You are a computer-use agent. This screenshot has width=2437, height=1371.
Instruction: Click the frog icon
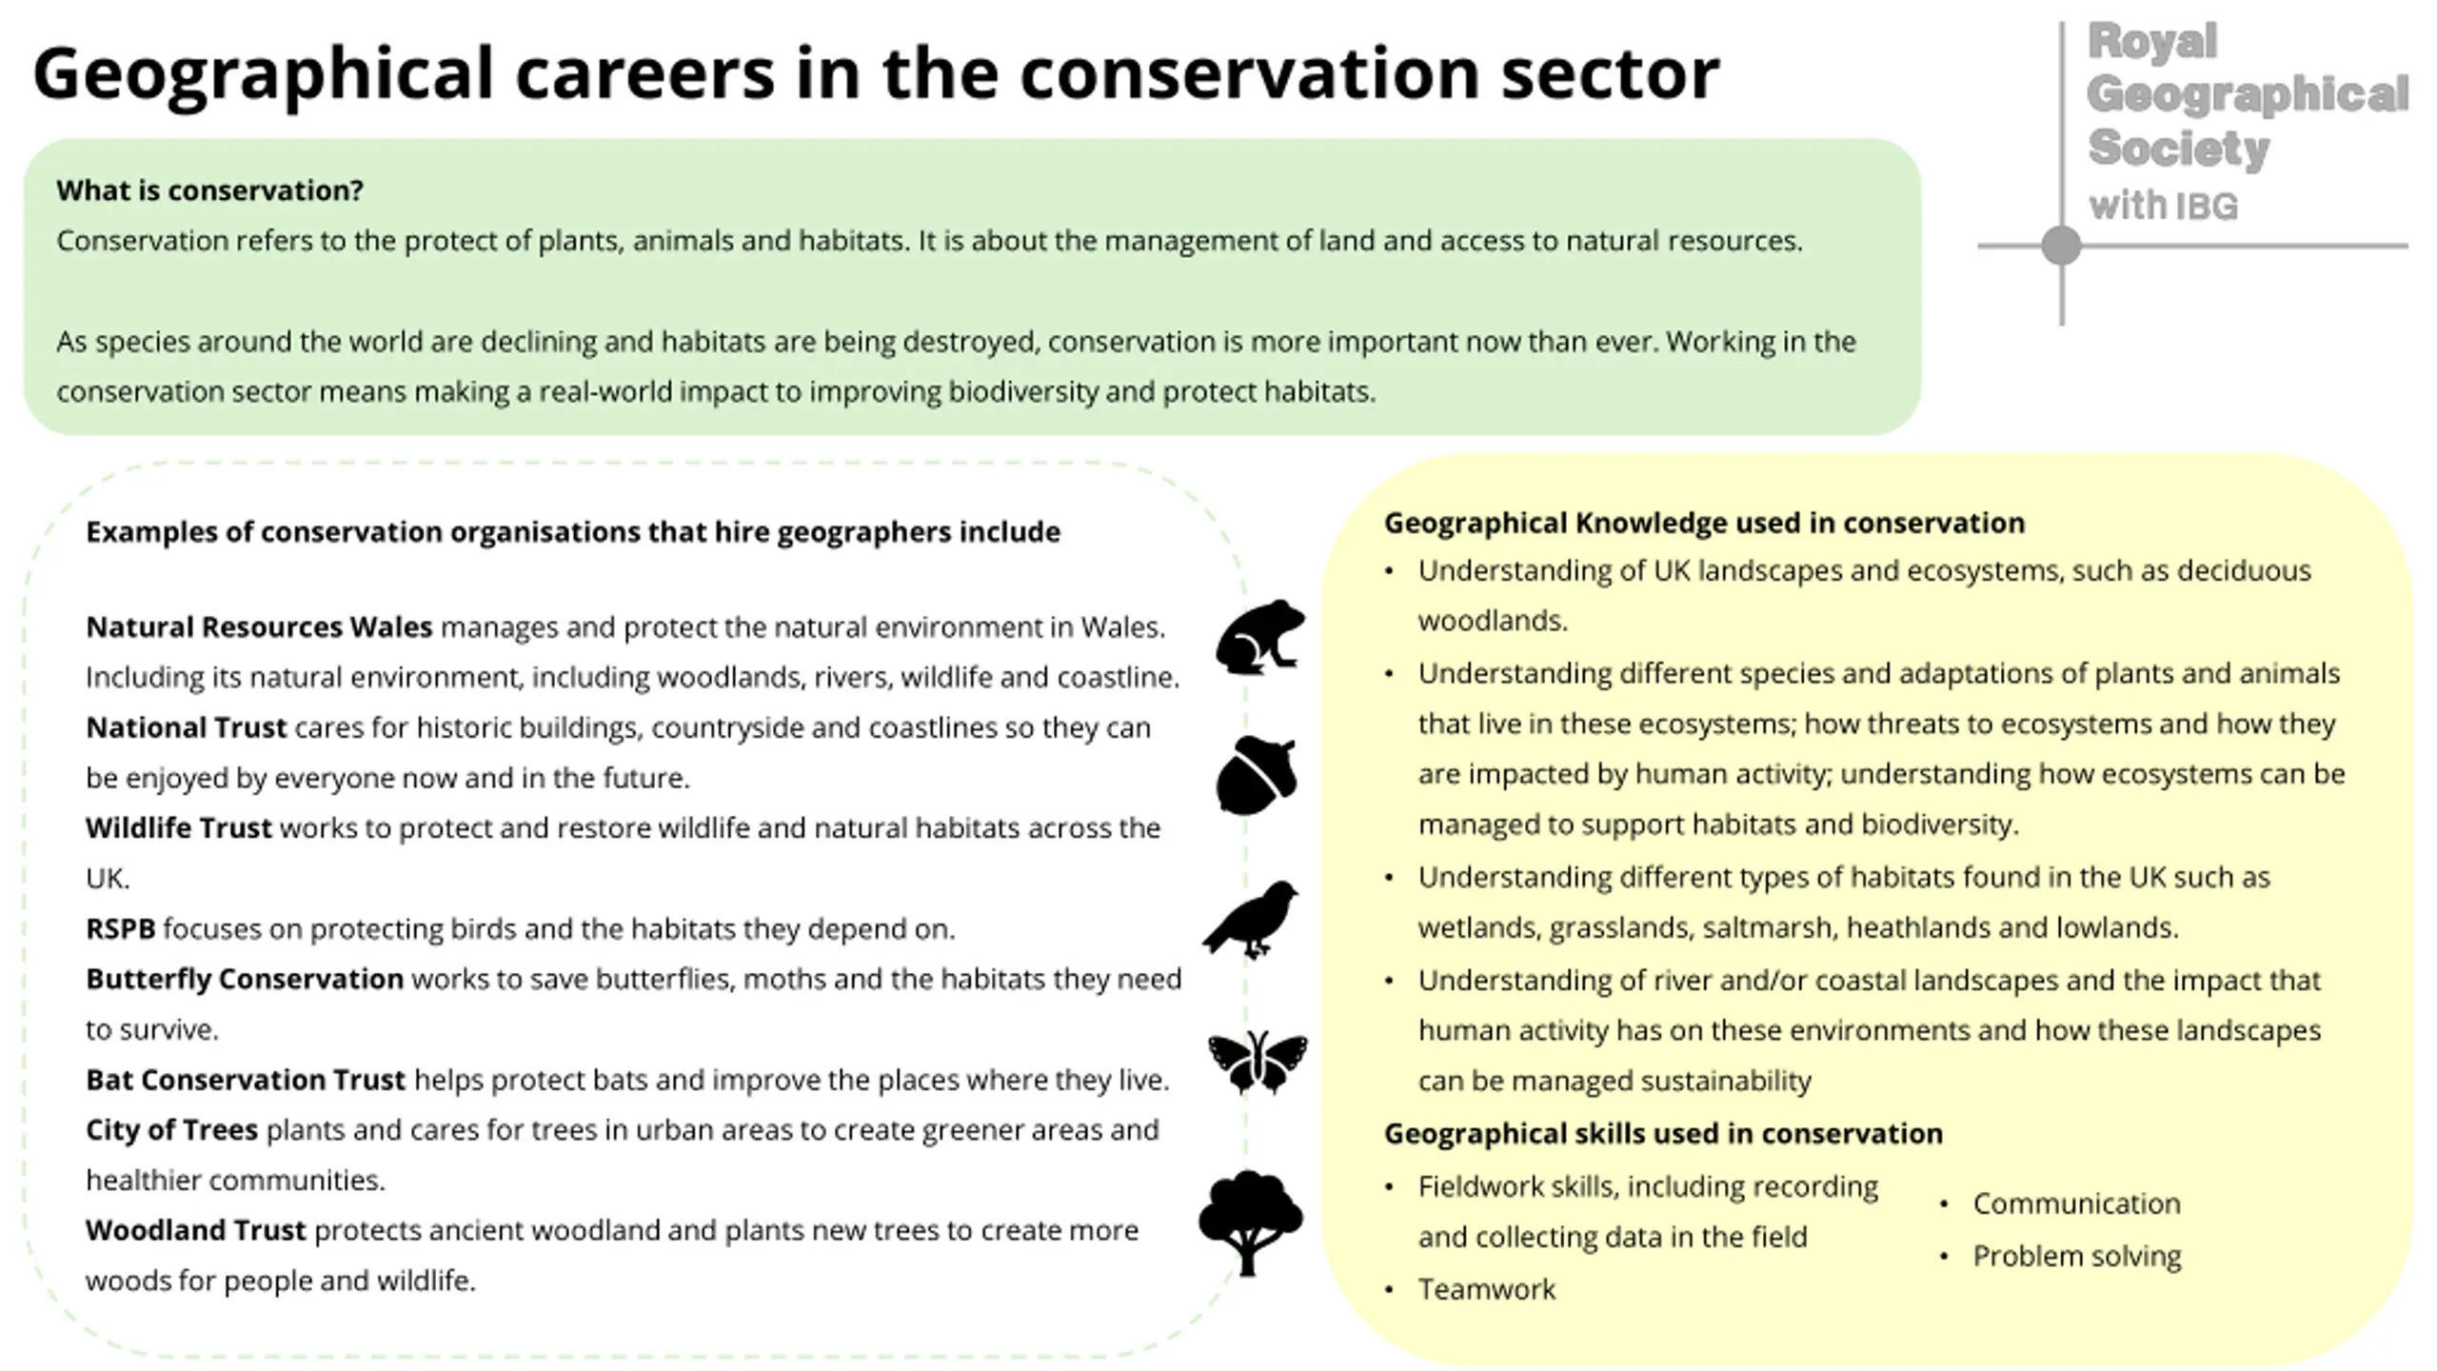pyautogui.click(x=1259, y=637)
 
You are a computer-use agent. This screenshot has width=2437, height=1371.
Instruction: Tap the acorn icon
pyautogui.click(x=1256, y=775)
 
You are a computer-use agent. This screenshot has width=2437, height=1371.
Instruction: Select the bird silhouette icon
pyautogui.click(x=1250, y=919)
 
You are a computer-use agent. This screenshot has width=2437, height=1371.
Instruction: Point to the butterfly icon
pyautogui.click(x=1258, y=1062)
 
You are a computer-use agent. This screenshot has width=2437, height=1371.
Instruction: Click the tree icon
pyautogui.click(x=1250, y=1222)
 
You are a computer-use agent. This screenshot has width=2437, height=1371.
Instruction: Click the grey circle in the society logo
pyautogui.click(x=2061, y=246)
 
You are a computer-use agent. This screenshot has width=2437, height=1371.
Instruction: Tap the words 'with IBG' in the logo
pyautogui.click(x=2163, y=206)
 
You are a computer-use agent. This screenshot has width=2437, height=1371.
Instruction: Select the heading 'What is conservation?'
pyautogui.click(x=209, y=190)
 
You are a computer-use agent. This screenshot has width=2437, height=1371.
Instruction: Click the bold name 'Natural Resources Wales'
pyautogui.click(x=259, y=627)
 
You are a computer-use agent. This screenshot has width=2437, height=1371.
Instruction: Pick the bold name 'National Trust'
pyautogui.click(x=186, y=727)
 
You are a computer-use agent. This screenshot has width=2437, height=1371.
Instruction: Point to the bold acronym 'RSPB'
pyautogui.click(x=120, y=928)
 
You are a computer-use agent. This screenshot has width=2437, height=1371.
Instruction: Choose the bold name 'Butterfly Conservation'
pyautogui.click(x=245, y=979)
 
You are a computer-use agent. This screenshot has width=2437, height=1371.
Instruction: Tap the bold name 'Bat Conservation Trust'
pyautogui.click(x=246, y=1080)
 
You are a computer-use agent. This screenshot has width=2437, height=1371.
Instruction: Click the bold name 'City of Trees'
pyautogui.click(x=171, y=1130)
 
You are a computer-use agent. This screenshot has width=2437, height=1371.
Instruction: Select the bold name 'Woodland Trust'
pyautogui.click(x=196, y=1230)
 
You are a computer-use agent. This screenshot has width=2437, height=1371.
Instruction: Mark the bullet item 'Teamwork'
pyautogui.click(x=1487, y=1289)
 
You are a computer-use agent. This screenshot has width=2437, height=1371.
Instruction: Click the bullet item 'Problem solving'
pyautogui.click(x=2077, y=1256)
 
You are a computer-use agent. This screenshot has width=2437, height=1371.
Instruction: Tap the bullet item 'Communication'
pyautogui.click(x=2076, y=1203)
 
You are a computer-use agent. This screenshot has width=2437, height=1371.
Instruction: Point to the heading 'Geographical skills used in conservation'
pyautogui.click(x=1663, y=1133)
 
